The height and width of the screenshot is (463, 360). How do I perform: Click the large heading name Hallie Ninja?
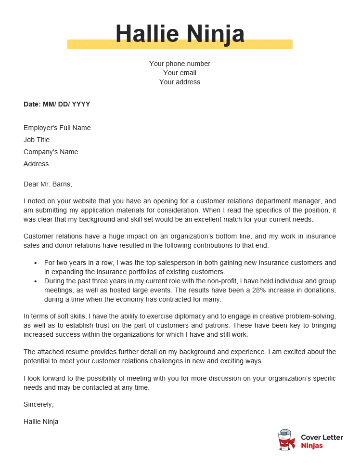[180, 34]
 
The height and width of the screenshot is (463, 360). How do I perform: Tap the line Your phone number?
[180, 64]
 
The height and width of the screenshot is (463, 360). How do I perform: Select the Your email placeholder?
[180, 73]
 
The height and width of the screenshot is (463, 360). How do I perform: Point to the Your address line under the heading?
[180, 82]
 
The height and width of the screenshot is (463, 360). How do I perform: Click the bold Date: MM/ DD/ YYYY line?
[57, 104]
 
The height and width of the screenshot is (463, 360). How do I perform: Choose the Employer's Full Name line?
[57, 128]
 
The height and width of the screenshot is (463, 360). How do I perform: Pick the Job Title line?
[37, 140]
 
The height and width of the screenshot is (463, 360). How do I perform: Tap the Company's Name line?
[51, 152]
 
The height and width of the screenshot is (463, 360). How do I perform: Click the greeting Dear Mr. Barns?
[47, 184]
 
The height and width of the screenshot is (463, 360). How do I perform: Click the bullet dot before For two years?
[35, 263]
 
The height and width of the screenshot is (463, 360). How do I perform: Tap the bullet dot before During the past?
[35, 281]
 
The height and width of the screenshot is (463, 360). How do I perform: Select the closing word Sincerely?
[39, 404]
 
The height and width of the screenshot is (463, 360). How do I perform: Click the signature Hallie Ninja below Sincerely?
[41, 422]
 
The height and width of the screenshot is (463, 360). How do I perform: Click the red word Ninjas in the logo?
[312, 446]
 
